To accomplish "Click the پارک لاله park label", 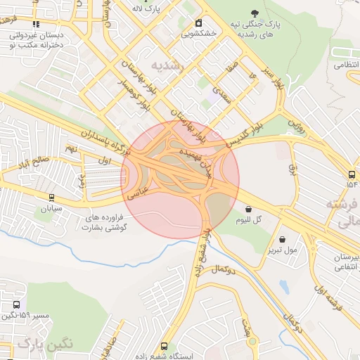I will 148,8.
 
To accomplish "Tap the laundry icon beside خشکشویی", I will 199,22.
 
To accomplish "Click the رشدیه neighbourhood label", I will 172,66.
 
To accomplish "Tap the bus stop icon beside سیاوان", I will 51,198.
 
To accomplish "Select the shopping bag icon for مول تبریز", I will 282,239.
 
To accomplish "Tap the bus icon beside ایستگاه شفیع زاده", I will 164,346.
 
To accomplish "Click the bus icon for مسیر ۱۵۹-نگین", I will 16,305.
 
